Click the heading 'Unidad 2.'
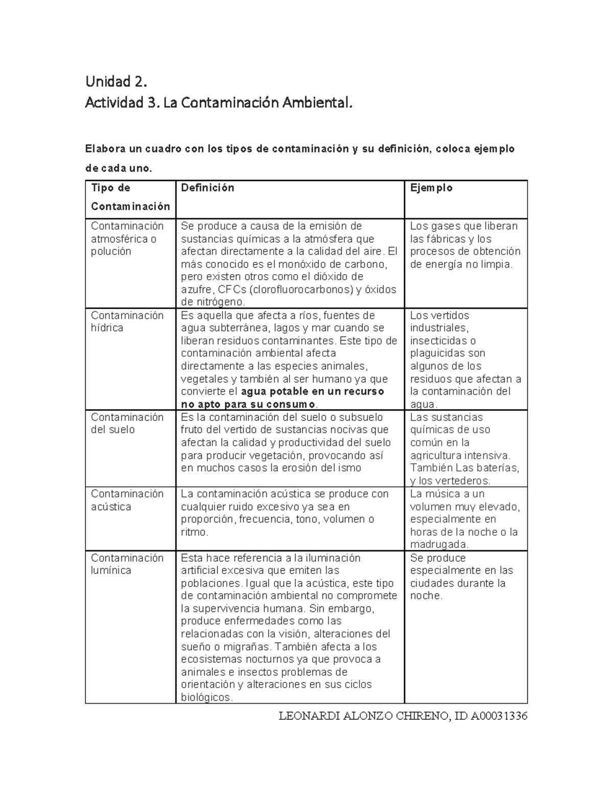pos(116,81)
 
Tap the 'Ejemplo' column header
pos(431,188)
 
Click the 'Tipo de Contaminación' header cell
pos(130,197)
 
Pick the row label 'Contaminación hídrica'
pos(127,322)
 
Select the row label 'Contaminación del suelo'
pos(127,423)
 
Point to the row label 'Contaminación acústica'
pos(127,500)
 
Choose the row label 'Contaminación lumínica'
pos(127,564)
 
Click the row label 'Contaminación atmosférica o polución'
pos(127,239)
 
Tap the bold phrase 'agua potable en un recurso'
pos(312,392)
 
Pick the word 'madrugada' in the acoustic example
pos(439,545)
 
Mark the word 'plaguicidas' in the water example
pos(440,353)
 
